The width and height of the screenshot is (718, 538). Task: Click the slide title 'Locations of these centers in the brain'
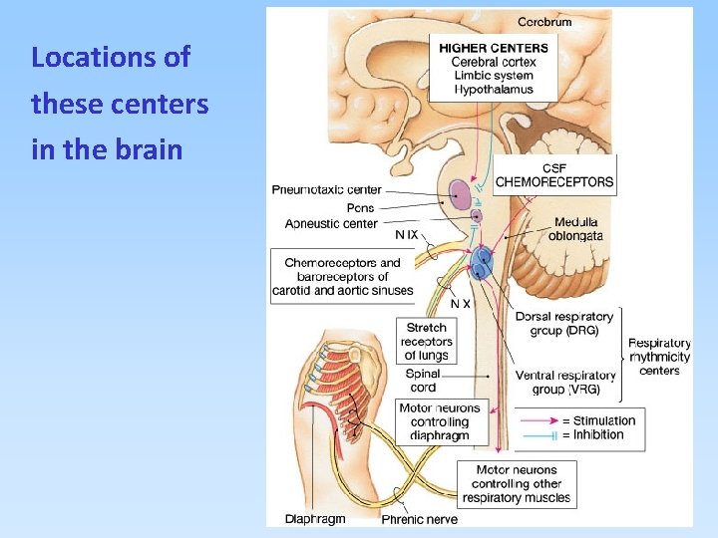(120, 104)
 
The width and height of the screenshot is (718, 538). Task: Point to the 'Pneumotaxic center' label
(326, 190)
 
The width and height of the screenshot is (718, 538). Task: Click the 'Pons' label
(360, 207)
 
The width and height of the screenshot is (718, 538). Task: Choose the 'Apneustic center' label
(331, 224)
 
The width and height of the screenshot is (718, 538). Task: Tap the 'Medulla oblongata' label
(573, 228)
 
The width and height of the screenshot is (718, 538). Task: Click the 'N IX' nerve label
(407, 235)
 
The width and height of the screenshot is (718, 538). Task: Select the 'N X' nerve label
(461, 303)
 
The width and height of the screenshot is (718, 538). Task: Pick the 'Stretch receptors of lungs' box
(426, 341)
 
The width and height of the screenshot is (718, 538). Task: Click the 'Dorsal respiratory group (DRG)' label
(564, 324)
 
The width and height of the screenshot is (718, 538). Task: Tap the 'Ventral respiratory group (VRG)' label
(565, 382)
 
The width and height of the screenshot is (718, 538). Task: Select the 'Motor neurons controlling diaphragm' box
(439, 421)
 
